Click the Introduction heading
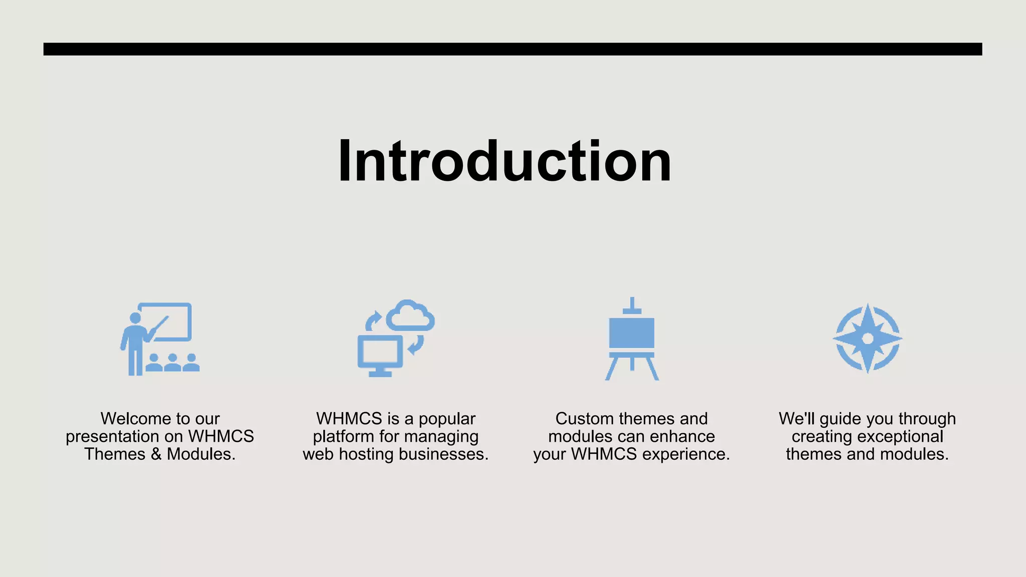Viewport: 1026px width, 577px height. pos(504,161)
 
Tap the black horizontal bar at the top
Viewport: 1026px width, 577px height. pos(512,49)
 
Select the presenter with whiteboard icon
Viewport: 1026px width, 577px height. pos(160,339)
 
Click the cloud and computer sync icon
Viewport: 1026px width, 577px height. pos(396,339)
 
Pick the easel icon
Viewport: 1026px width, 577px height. pos(632,339)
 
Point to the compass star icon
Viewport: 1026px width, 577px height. pos(868,339)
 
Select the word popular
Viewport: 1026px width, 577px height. pos(447,419)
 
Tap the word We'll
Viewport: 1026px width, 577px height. pos(797,419)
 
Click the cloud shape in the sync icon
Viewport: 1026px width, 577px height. pos(410,316)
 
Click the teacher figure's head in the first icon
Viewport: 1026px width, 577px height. pos(135,319)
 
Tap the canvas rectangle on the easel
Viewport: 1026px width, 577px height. pos(632,333)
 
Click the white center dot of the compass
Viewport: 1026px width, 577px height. pos(868,339)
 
